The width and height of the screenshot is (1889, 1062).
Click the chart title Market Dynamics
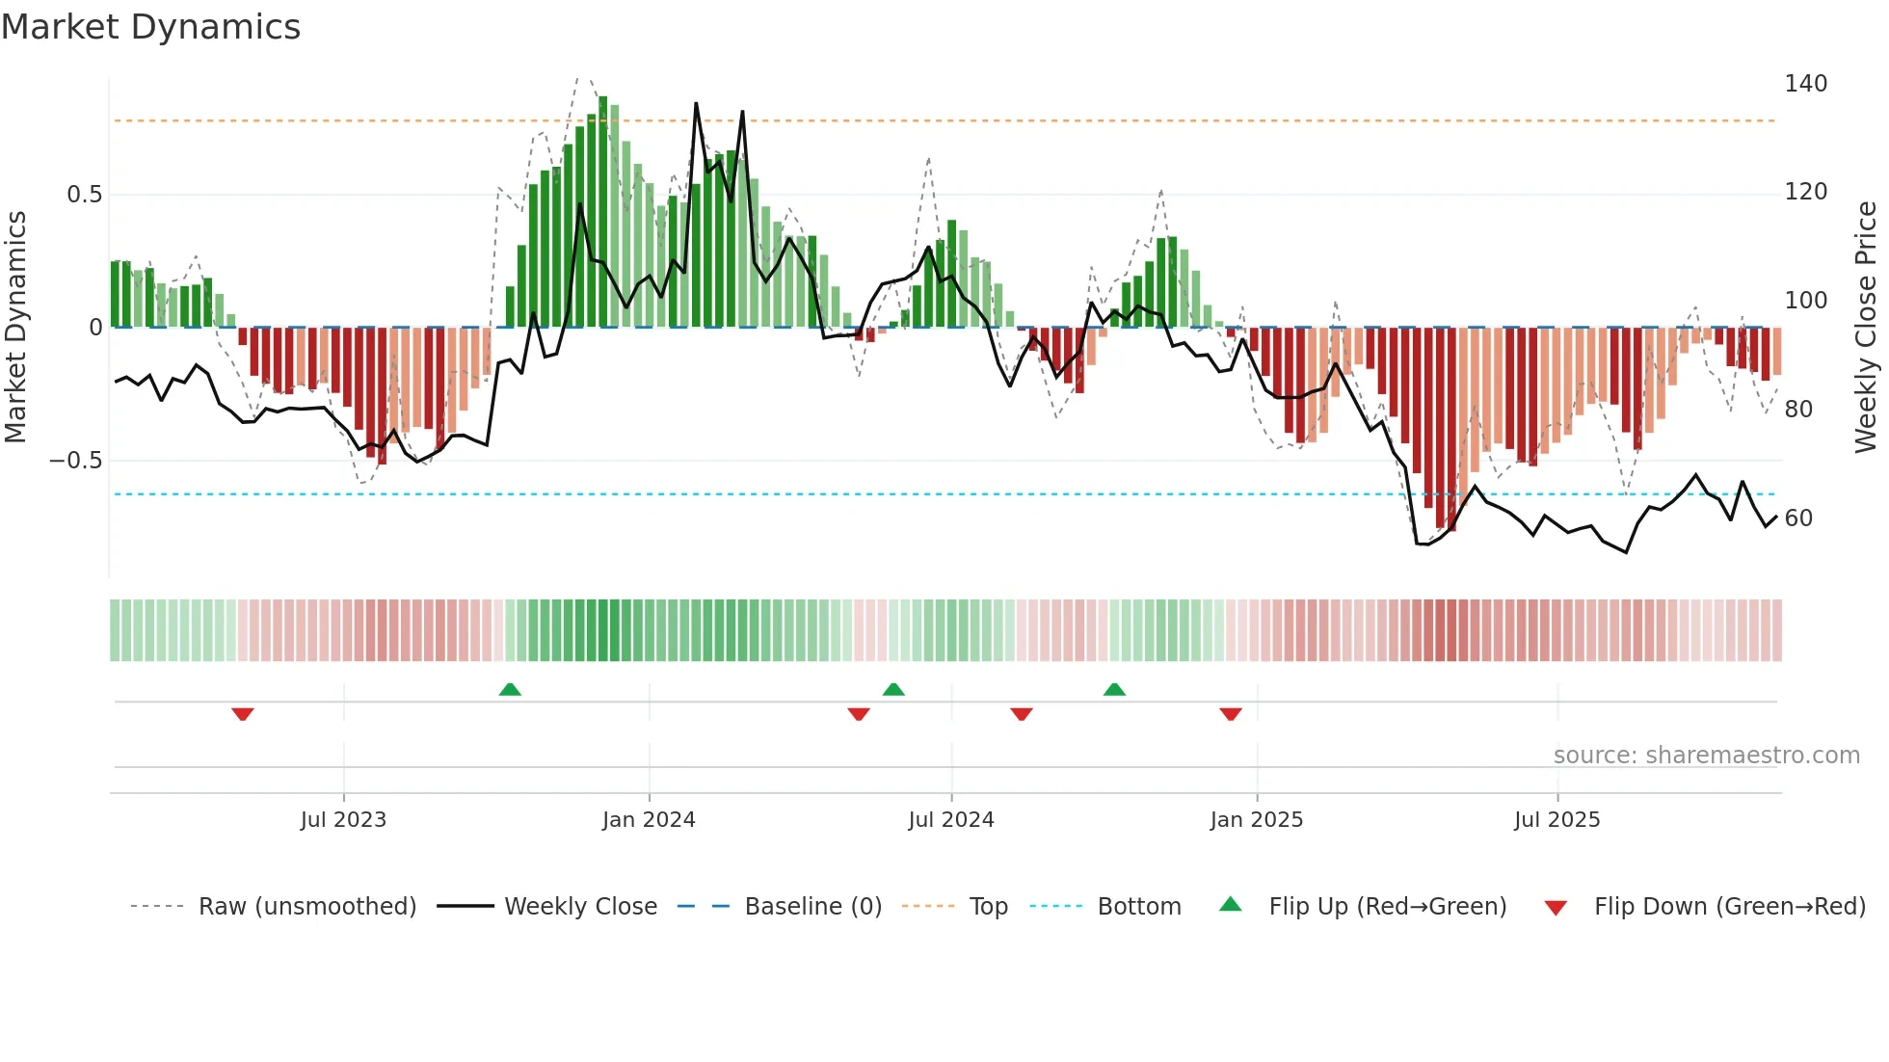[x=150, y=27]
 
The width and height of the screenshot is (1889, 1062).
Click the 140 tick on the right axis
[x=1805, y=84]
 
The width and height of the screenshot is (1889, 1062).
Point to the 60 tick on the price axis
[x=1798, y=518]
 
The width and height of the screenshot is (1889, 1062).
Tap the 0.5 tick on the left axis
[x=84, y=195]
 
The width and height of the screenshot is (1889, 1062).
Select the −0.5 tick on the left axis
[x=76, y=461]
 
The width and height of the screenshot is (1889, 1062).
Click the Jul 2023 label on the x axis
[x=343, y=820]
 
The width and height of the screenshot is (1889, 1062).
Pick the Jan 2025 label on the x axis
[x=1256, y=820]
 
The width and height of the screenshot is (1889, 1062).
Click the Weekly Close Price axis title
[x=1866, y=328]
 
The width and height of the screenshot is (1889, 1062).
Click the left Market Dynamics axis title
[x=15, y=328]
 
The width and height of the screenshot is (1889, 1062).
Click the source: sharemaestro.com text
[x=1706, y=756]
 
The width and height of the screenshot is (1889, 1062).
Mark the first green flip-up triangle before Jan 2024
[x=510, y=689]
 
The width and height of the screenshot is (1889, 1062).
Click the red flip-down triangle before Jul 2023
[x=243, y=714]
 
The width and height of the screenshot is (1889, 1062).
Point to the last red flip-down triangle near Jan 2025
[x=1231, y=714]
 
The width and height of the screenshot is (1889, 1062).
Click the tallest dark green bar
[x=603, y=212]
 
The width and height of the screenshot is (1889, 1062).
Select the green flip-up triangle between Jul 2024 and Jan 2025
[x=1114, y=689]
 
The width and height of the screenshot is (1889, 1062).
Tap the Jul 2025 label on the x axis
[x=1556, y=820]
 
